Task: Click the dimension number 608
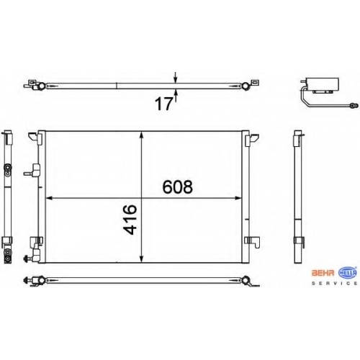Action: pos(178,187)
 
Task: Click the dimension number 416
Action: pos(130,220)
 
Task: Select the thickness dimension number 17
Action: pos(164,104)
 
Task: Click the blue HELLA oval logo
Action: pos(348,273)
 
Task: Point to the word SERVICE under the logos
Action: pos(335,284)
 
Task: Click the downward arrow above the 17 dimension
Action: pos(176,77)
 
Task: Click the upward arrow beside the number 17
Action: pos(176,96)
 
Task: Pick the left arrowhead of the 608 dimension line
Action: pos(49,198)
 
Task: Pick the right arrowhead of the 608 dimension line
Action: pos(238,198)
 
